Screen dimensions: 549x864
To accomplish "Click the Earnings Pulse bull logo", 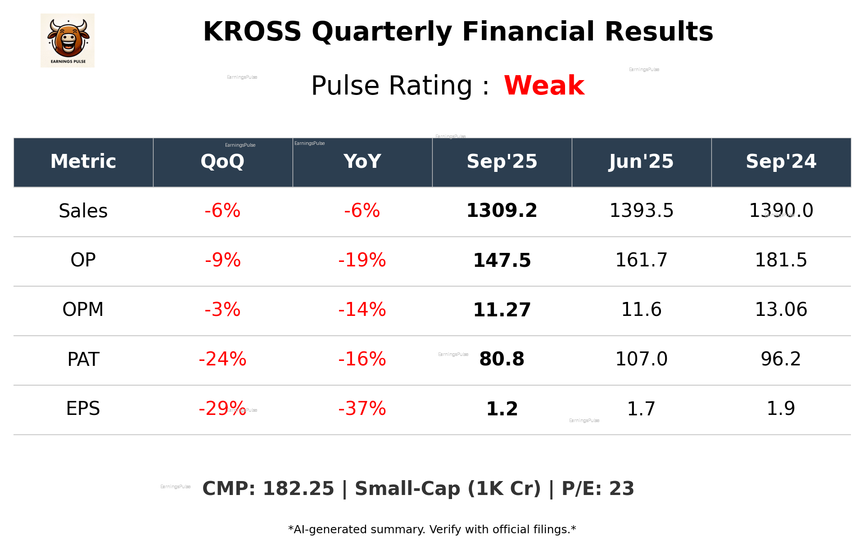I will [68, 40].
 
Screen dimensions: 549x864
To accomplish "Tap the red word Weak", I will [544, 85].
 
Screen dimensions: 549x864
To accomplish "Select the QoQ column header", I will [222, 162].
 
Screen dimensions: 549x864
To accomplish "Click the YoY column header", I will [362, 162].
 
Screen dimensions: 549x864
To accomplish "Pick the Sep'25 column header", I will [502, 162].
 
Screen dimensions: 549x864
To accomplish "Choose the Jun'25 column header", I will [641, 162].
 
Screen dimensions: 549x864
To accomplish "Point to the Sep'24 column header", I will [781, 162].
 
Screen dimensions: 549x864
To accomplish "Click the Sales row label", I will [83, 211].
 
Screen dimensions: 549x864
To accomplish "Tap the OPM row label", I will [83, 310].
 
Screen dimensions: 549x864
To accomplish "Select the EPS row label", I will [83, 409].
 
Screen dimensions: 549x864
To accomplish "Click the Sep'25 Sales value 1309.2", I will [502, 211].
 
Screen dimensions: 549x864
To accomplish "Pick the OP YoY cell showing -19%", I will [362, 260].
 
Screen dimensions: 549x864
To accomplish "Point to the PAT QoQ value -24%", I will [222, 359].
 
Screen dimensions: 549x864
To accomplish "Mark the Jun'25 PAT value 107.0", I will [641, 359].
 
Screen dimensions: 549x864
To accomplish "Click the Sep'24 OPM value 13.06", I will [781, 310].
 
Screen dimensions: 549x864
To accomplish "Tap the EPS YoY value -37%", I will [362, 409].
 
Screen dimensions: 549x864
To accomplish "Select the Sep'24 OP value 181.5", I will [781, 260].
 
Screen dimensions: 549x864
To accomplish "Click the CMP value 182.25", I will [298, 489].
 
